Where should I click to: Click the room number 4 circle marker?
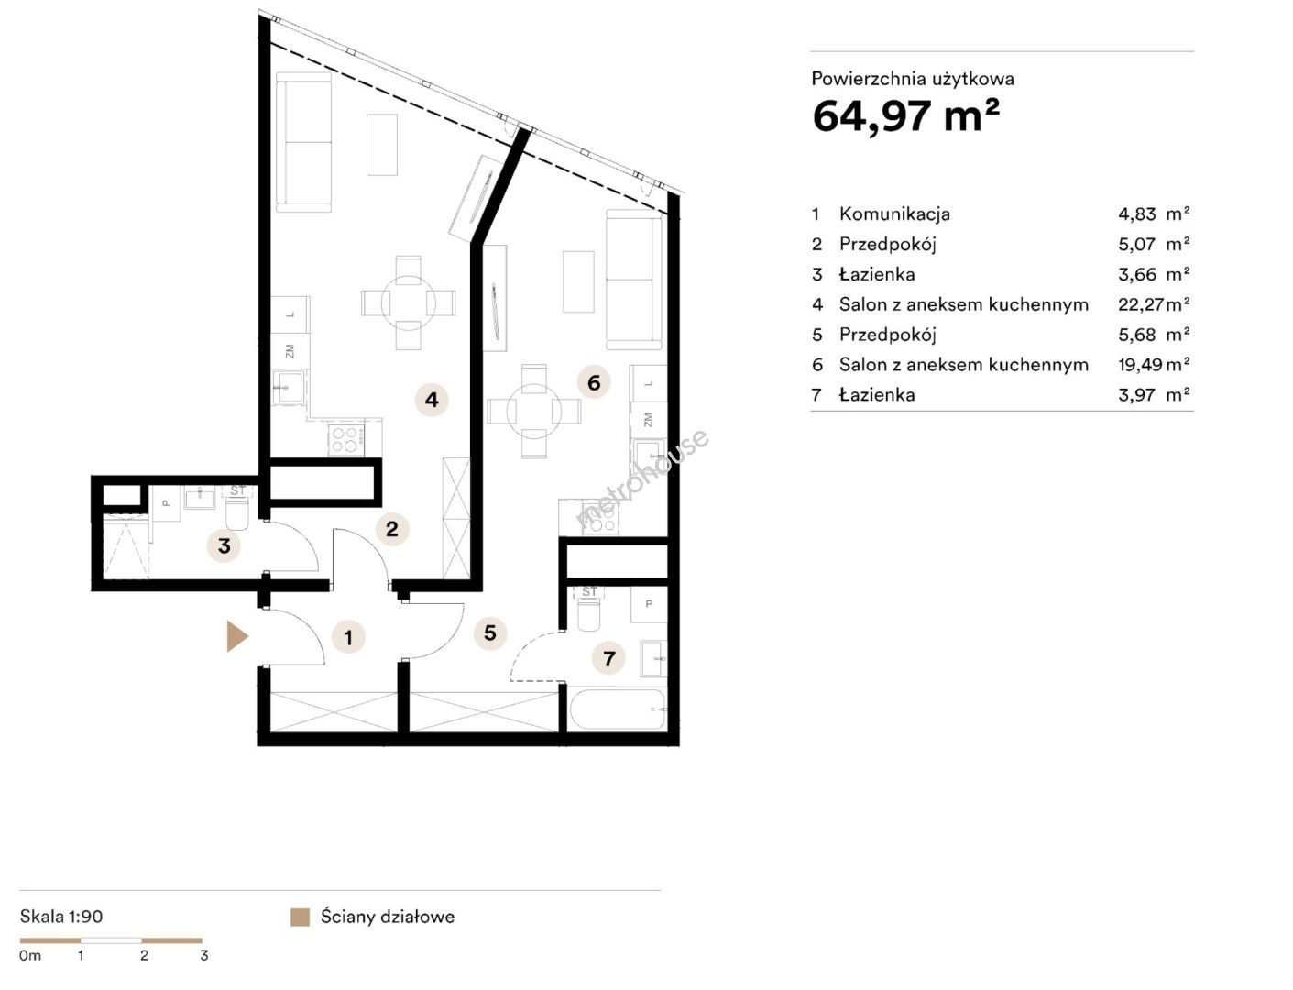click(432, 400)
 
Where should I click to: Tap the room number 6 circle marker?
click(594, 382)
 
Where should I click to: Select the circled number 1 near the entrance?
click(348, 637)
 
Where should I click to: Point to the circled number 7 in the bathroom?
click(609, 658)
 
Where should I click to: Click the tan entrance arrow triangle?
click(236, 636)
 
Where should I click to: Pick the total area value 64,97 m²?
click(906, 115)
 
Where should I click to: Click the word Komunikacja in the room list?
click(894, 214)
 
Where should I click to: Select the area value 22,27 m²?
click(1154, 304)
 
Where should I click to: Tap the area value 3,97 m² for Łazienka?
click(1154, 395)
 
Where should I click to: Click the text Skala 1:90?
click(61, 917)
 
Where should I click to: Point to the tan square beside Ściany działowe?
click(300, 918)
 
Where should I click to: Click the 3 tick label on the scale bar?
click(203, 955)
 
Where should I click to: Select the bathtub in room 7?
click(618, 709)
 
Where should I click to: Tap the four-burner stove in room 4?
click(346, 440)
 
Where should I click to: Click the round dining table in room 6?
click(533, 412)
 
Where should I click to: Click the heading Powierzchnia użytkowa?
click(913, 79)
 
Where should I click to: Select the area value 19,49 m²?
click(1154, 365)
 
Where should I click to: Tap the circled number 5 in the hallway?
click(490, 632)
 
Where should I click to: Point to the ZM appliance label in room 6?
click(648, 420)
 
